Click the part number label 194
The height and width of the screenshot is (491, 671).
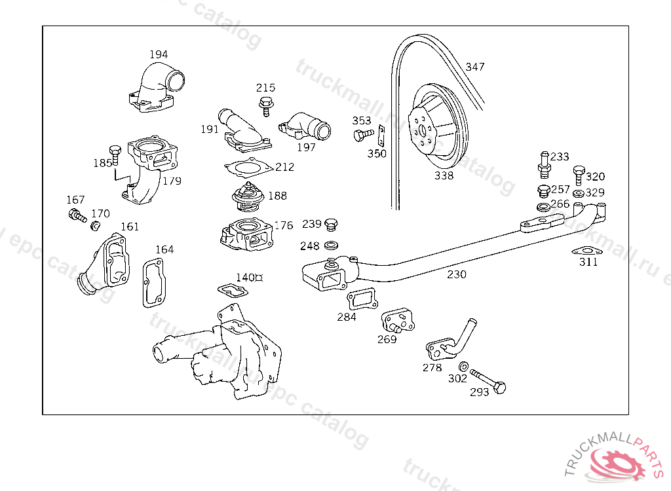(159, 54)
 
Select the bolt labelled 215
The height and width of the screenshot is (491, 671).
(265, 105)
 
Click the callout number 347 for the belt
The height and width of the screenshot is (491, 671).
(475, 67)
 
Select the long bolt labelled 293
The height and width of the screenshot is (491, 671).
(488, 380)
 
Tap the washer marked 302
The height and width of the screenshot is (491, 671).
(463, 367)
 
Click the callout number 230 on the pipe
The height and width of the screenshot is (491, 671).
(457, 274)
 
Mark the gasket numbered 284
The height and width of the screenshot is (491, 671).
(362, 299)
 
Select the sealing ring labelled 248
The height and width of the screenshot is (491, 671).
(332, 246)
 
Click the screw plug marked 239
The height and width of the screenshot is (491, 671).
(331, 226)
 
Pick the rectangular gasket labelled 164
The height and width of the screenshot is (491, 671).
(154, 282)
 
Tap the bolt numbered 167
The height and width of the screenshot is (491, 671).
(77, 215)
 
